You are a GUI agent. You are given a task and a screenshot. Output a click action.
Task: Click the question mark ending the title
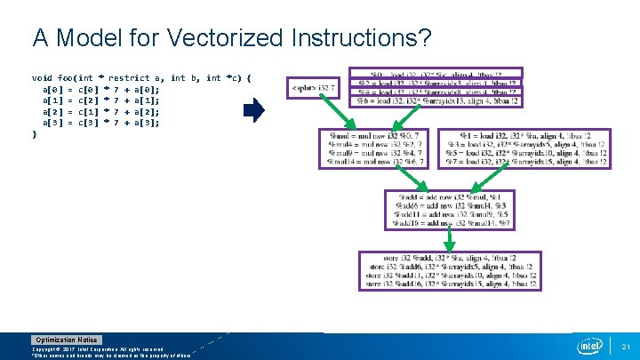(426, 38)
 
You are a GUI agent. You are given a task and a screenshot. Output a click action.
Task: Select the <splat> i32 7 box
(315, 87)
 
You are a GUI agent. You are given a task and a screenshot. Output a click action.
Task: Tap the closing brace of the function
(35, 133)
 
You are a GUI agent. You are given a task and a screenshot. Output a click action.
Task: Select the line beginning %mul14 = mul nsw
(377, 162)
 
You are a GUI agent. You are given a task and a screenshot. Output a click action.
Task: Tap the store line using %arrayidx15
(448, 285)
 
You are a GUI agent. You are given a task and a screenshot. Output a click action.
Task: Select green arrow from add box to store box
(443, 240)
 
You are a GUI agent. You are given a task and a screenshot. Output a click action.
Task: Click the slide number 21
(626, 346)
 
